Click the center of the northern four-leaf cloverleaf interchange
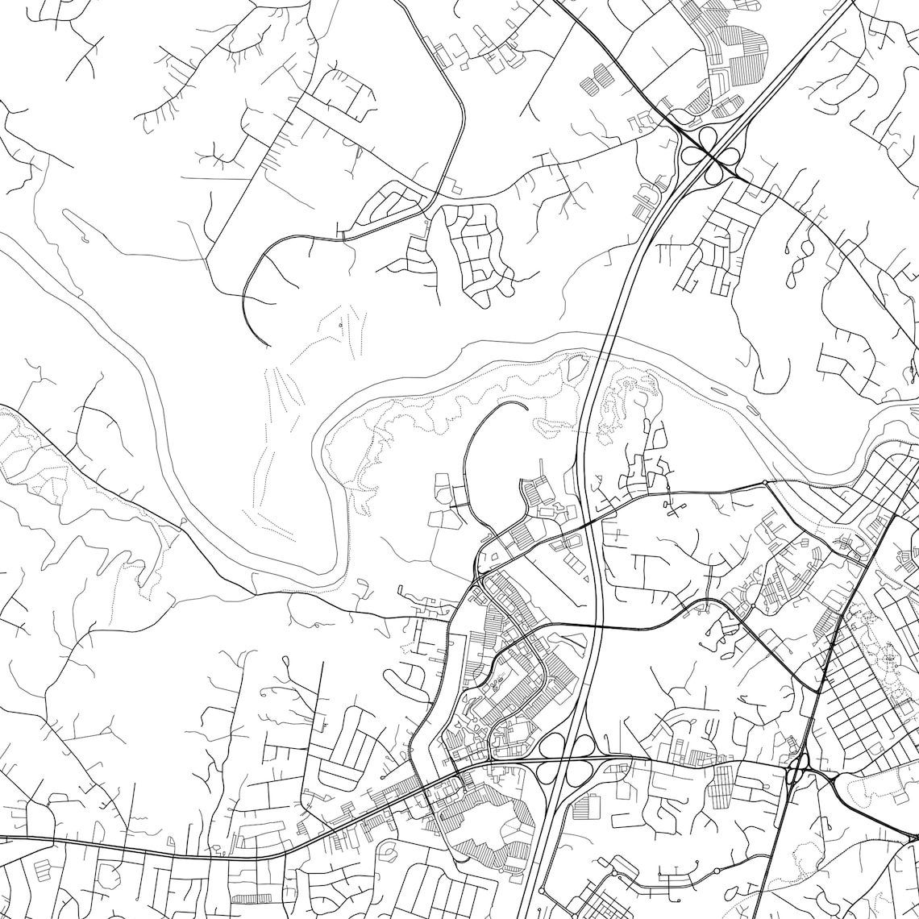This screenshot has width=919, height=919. coord(709,153)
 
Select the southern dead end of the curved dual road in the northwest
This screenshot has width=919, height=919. coord(268,346)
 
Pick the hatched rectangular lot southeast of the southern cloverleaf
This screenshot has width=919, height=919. coord(590,805)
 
